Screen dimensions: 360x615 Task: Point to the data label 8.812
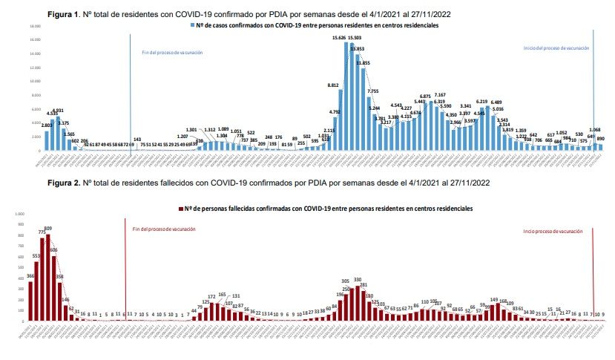pyautogui.click(x=333, y=85)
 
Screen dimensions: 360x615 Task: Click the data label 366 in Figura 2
pyautogui.click(x=30, y=275)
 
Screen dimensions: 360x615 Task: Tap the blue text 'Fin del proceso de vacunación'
pyautogui.click(x=172, y=53)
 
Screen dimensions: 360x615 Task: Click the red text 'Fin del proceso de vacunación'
pyautogui.click(x=164, y=229)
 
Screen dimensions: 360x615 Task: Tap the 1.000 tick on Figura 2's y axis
pyautogui.click(x=19, y=214)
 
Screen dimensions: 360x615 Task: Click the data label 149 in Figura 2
pyautogui.click(x=494, y=300)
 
